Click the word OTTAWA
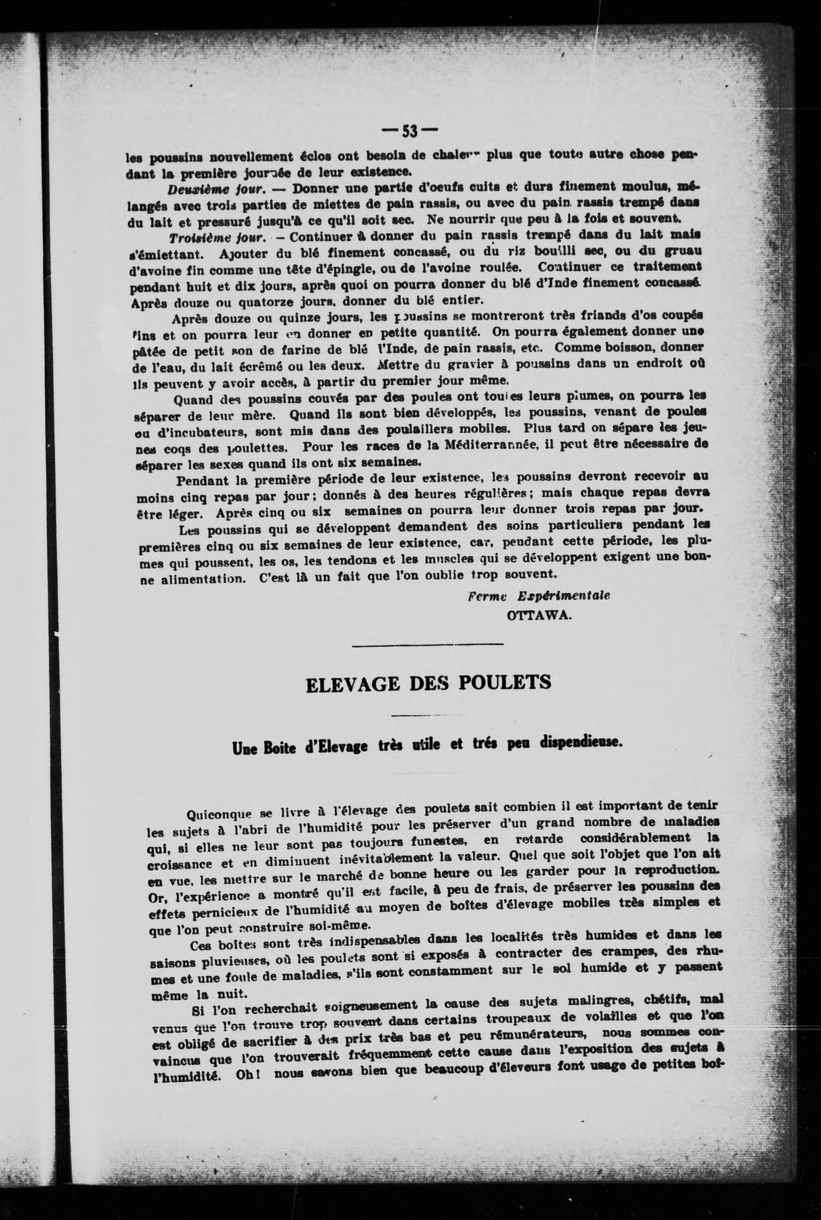(538, 615)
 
